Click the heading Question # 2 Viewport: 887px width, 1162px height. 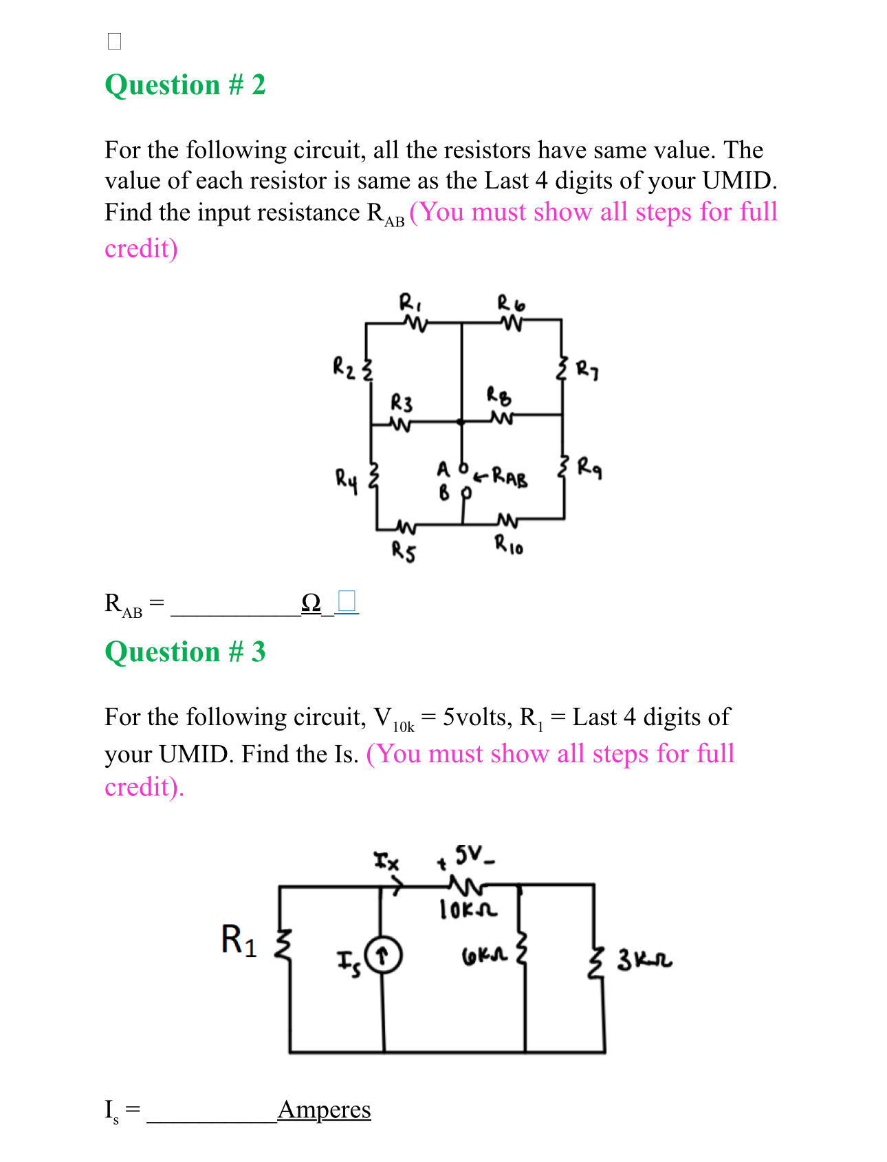185,85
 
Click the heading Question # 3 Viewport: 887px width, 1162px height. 185,652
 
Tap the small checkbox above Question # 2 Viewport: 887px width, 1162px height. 115,41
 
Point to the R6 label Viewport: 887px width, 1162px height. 511,303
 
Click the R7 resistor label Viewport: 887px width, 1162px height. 587,370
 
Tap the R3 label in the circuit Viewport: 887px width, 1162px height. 402,402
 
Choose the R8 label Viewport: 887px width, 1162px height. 499,396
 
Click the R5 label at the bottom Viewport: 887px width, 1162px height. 404,551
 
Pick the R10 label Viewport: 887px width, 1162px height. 509,546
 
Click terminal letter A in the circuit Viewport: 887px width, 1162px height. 443,469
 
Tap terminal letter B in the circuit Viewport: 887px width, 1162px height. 444,493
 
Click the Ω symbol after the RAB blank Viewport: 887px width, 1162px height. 311,603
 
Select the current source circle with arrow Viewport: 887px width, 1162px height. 383,956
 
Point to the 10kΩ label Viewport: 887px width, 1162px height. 468,910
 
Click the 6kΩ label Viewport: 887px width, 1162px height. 484,956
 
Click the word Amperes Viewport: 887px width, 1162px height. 324,1109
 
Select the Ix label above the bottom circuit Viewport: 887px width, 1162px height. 386,861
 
